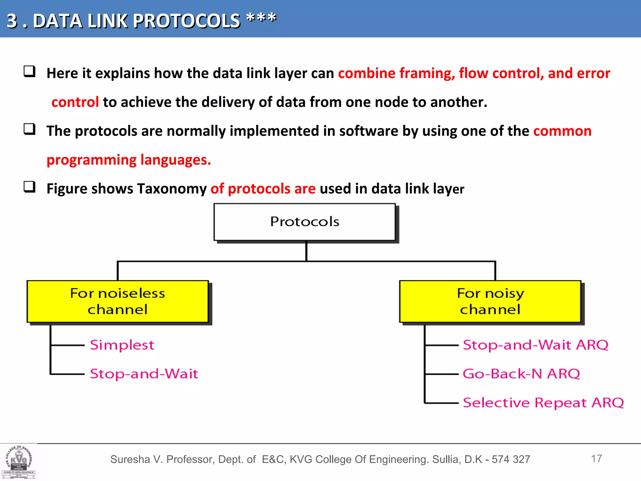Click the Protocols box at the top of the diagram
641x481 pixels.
pyautogui.click(x=305, y=222)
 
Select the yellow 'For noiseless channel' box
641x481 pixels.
pyautogui.click(x=118, y=301)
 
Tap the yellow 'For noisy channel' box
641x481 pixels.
pyautogui.click(x=490, y=301)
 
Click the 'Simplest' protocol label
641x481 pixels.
pyautogui.click(x=122, y=345)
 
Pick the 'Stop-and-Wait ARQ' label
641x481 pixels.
pyautogui.click(x=536, y=345)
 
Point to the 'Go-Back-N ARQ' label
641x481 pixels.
pyautogui.click(x=521, y=374)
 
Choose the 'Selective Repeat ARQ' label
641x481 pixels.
pyautogui.click(x=543, y=403)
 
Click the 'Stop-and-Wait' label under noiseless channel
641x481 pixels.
pyautogui.click(x=144, y=374)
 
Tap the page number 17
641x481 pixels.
pyautogui.click(x=597, y=458)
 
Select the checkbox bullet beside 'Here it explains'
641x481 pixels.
pyautogui.click(x=29, y=72)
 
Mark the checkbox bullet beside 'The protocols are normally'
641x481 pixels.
pyautogui.click(x=29, y=129)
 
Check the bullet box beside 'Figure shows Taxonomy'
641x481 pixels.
pyautogui.click(x=29, y=187)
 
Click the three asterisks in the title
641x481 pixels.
pyautogui.click(x=261, y=18)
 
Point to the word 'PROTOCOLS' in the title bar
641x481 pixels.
pyautogui.click(x=187, y=21)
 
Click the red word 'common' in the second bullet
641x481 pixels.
pyautogui.click(x=562, y=131)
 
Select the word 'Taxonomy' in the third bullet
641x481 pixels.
pyautogui.click(x=172, y=189)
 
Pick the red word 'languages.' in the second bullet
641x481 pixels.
pyautogui.click(x=176, y=160)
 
